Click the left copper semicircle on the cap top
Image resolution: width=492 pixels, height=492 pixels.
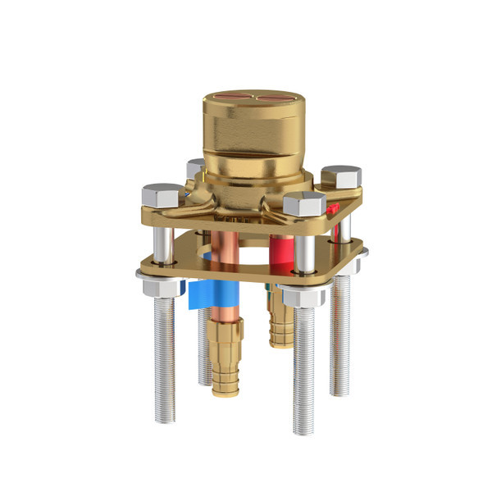click(232, 98)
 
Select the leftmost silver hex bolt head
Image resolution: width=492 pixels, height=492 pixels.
click(162, 195)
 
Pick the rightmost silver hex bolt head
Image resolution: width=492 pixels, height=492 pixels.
click(341, 176)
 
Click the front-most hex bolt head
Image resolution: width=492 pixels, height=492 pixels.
click(304, 203)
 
